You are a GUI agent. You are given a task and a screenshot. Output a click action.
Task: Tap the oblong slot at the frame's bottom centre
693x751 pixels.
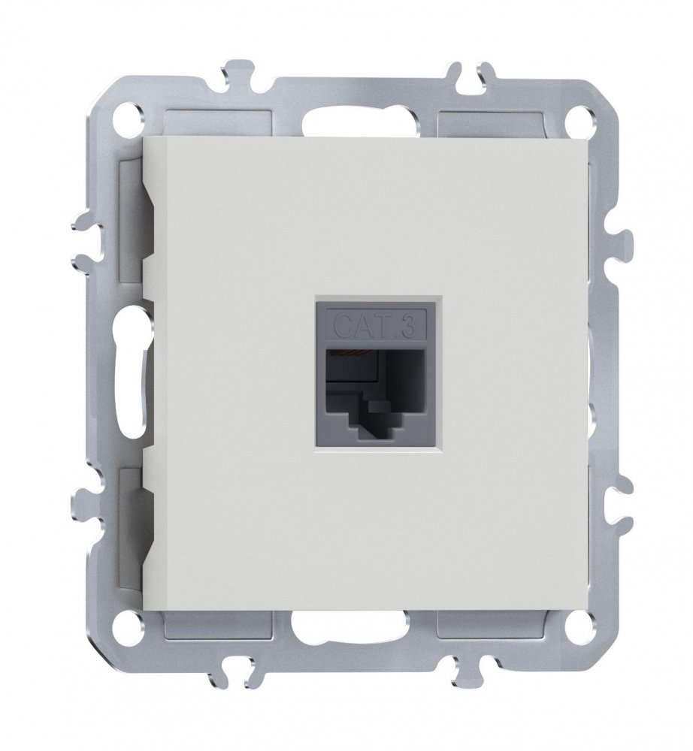pos(350,626)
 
